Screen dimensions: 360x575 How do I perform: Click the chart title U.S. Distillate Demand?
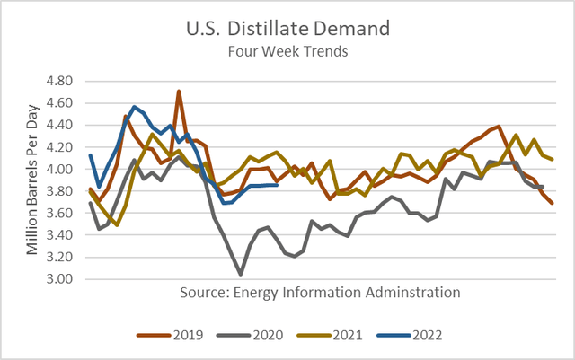click(287, 27)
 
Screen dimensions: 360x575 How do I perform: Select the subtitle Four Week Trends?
click(287, 51)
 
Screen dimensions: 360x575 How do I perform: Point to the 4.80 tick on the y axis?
click(64, 81)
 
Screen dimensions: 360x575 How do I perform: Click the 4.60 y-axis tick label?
click(64, 103)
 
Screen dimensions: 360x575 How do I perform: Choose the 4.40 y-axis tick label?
click(64, 125)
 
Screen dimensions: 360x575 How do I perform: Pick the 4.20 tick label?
click(64, 147)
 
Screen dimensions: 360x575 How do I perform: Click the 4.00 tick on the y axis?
click(64, 169)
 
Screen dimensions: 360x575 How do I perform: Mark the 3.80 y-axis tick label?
click(64, 191)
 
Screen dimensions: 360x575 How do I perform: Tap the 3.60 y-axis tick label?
click(64, 213)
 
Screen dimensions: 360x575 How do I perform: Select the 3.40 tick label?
click(64, 235)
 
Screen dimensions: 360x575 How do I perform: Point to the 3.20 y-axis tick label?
click(64, 257)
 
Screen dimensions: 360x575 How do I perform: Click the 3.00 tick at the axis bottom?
click(64, 279)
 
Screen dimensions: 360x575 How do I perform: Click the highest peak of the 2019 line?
click(179, 92)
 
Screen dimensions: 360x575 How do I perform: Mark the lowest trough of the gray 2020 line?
click(240, 274)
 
